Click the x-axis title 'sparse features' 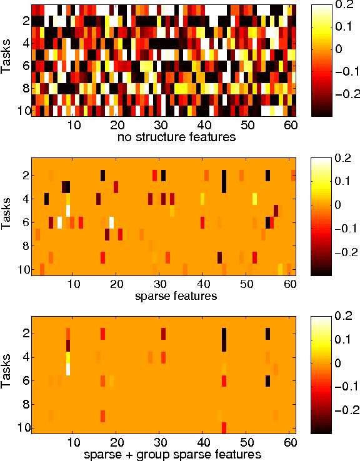pos(176,295)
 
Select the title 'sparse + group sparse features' pos(172,454)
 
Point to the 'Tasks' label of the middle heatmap pos(7,217)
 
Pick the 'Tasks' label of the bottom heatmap pos(7,375)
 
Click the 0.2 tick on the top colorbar pos(343,4)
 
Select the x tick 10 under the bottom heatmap pos(74,442)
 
